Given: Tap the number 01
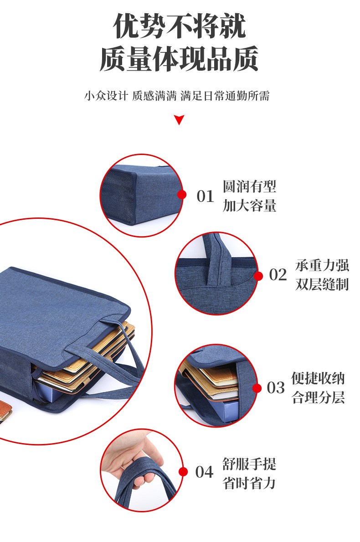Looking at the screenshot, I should point(205,196).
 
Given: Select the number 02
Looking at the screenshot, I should point(278,275).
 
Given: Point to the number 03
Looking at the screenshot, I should point(276,388).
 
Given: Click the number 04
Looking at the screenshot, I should point(204,472).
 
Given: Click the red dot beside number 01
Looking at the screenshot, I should point(182,195).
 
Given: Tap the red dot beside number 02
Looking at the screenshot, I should point(258,276).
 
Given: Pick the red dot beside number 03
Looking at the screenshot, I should point(257,388).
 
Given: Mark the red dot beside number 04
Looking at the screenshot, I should point(183,472).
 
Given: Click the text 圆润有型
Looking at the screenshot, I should point(249,186).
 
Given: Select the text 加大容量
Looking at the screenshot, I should point(249,206).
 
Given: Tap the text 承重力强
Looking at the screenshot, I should point(322,265).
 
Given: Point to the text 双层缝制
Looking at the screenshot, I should point(322,284).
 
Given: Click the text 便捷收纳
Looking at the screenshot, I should point(318,378).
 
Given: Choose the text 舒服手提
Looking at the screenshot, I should point(249,464).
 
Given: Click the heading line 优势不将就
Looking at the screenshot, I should point(180,26).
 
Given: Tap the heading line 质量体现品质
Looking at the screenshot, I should point(180,59).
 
